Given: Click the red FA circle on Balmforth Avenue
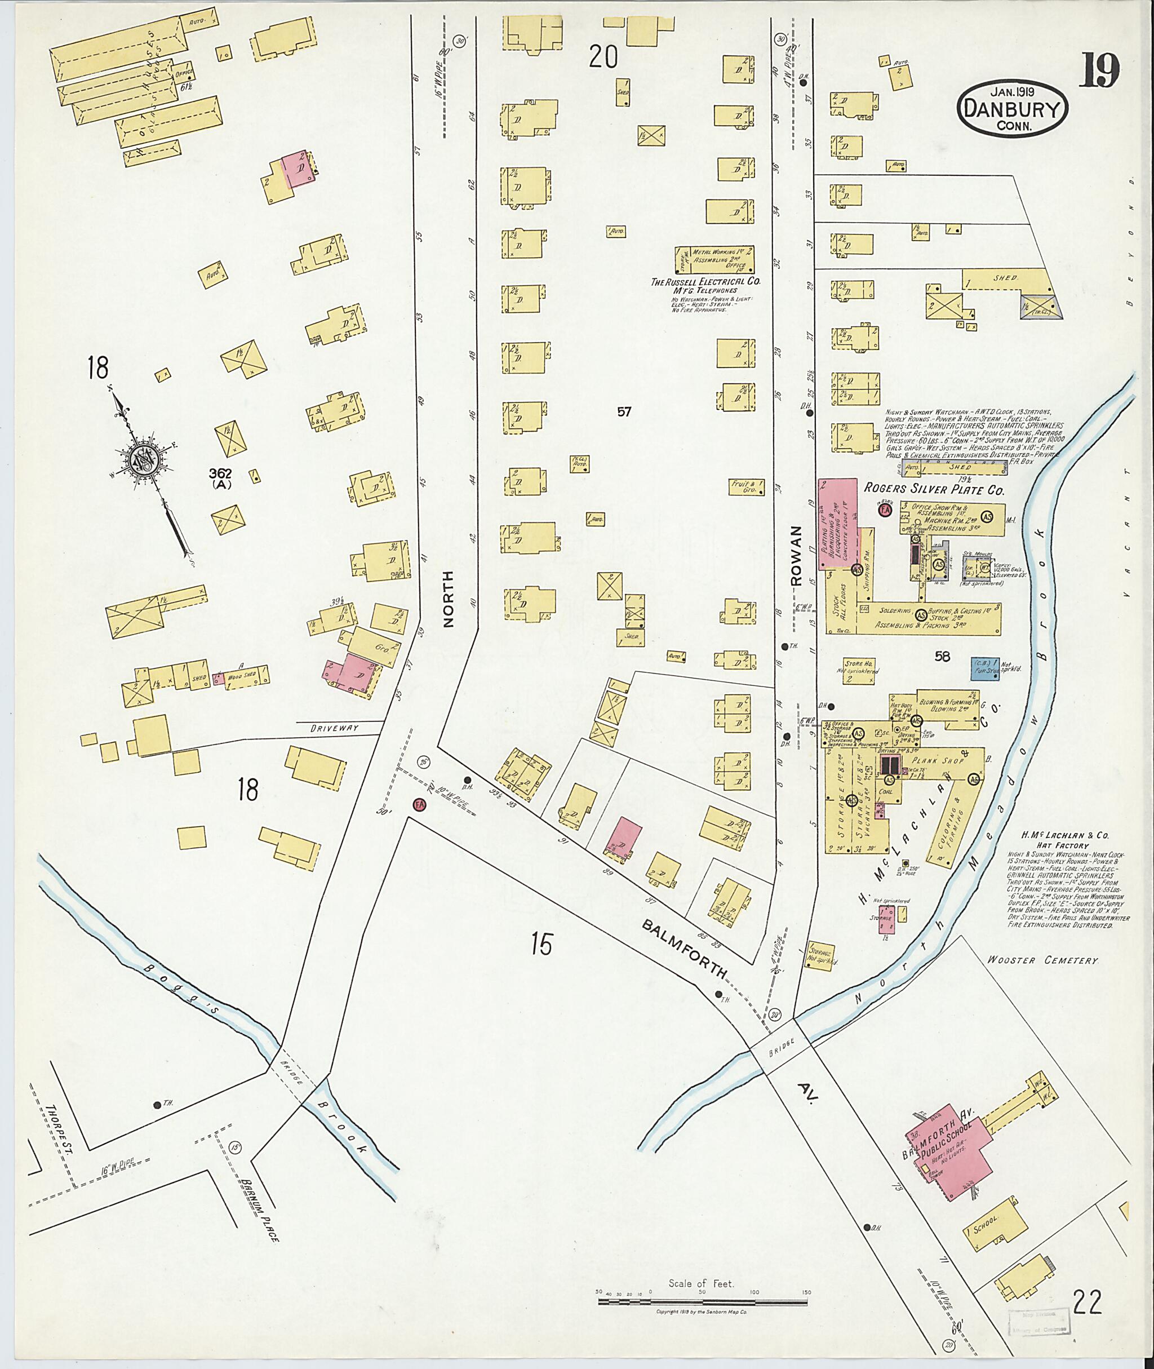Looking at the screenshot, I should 419,805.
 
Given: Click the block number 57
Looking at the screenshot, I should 624,411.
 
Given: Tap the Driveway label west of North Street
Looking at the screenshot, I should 334,728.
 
